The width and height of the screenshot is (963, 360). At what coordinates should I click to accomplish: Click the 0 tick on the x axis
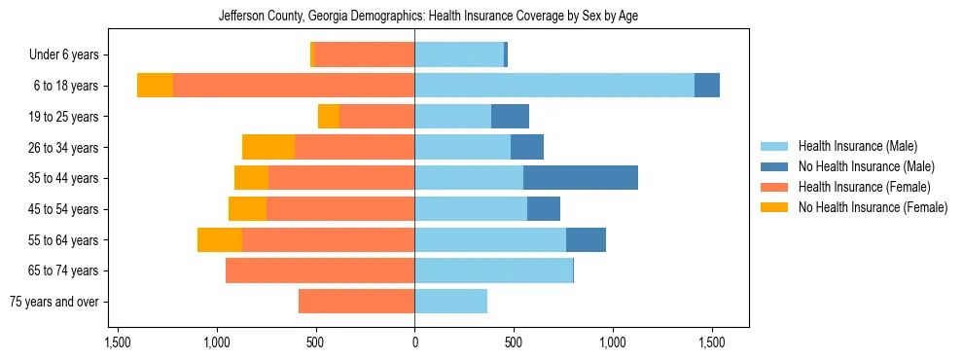click(414, 343)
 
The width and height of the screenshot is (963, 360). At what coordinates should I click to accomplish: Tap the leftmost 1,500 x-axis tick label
click(117, 343)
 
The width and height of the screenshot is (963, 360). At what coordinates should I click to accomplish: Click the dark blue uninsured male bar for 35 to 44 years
click(580, 178)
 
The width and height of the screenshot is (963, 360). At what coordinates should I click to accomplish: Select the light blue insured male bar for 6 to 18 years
click(554, 86)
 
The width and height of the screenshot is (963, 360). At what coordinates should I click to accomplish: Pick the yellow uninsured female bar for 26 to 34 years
click(268, 147)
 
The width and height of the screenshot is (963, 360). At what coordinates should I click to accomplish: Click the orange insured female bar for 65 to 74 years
click(320, 270)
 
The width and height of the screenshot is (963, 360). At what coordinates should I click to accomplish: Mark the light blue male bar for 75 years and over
click(450, 302)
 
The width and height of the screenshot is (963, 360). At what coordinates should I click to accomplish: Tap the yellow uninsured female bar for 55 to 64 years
click(220, 239)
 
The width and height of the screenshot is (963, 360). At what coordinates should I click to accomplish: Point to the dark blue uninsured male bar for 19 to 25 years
click(510, 117)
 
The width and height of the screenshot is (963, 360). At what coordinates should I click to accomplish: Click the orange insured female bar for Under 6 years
click(364, 55)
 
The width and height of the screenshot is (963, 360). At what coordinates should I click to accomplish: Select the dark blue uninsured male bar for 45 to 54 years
click(543, 209)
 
